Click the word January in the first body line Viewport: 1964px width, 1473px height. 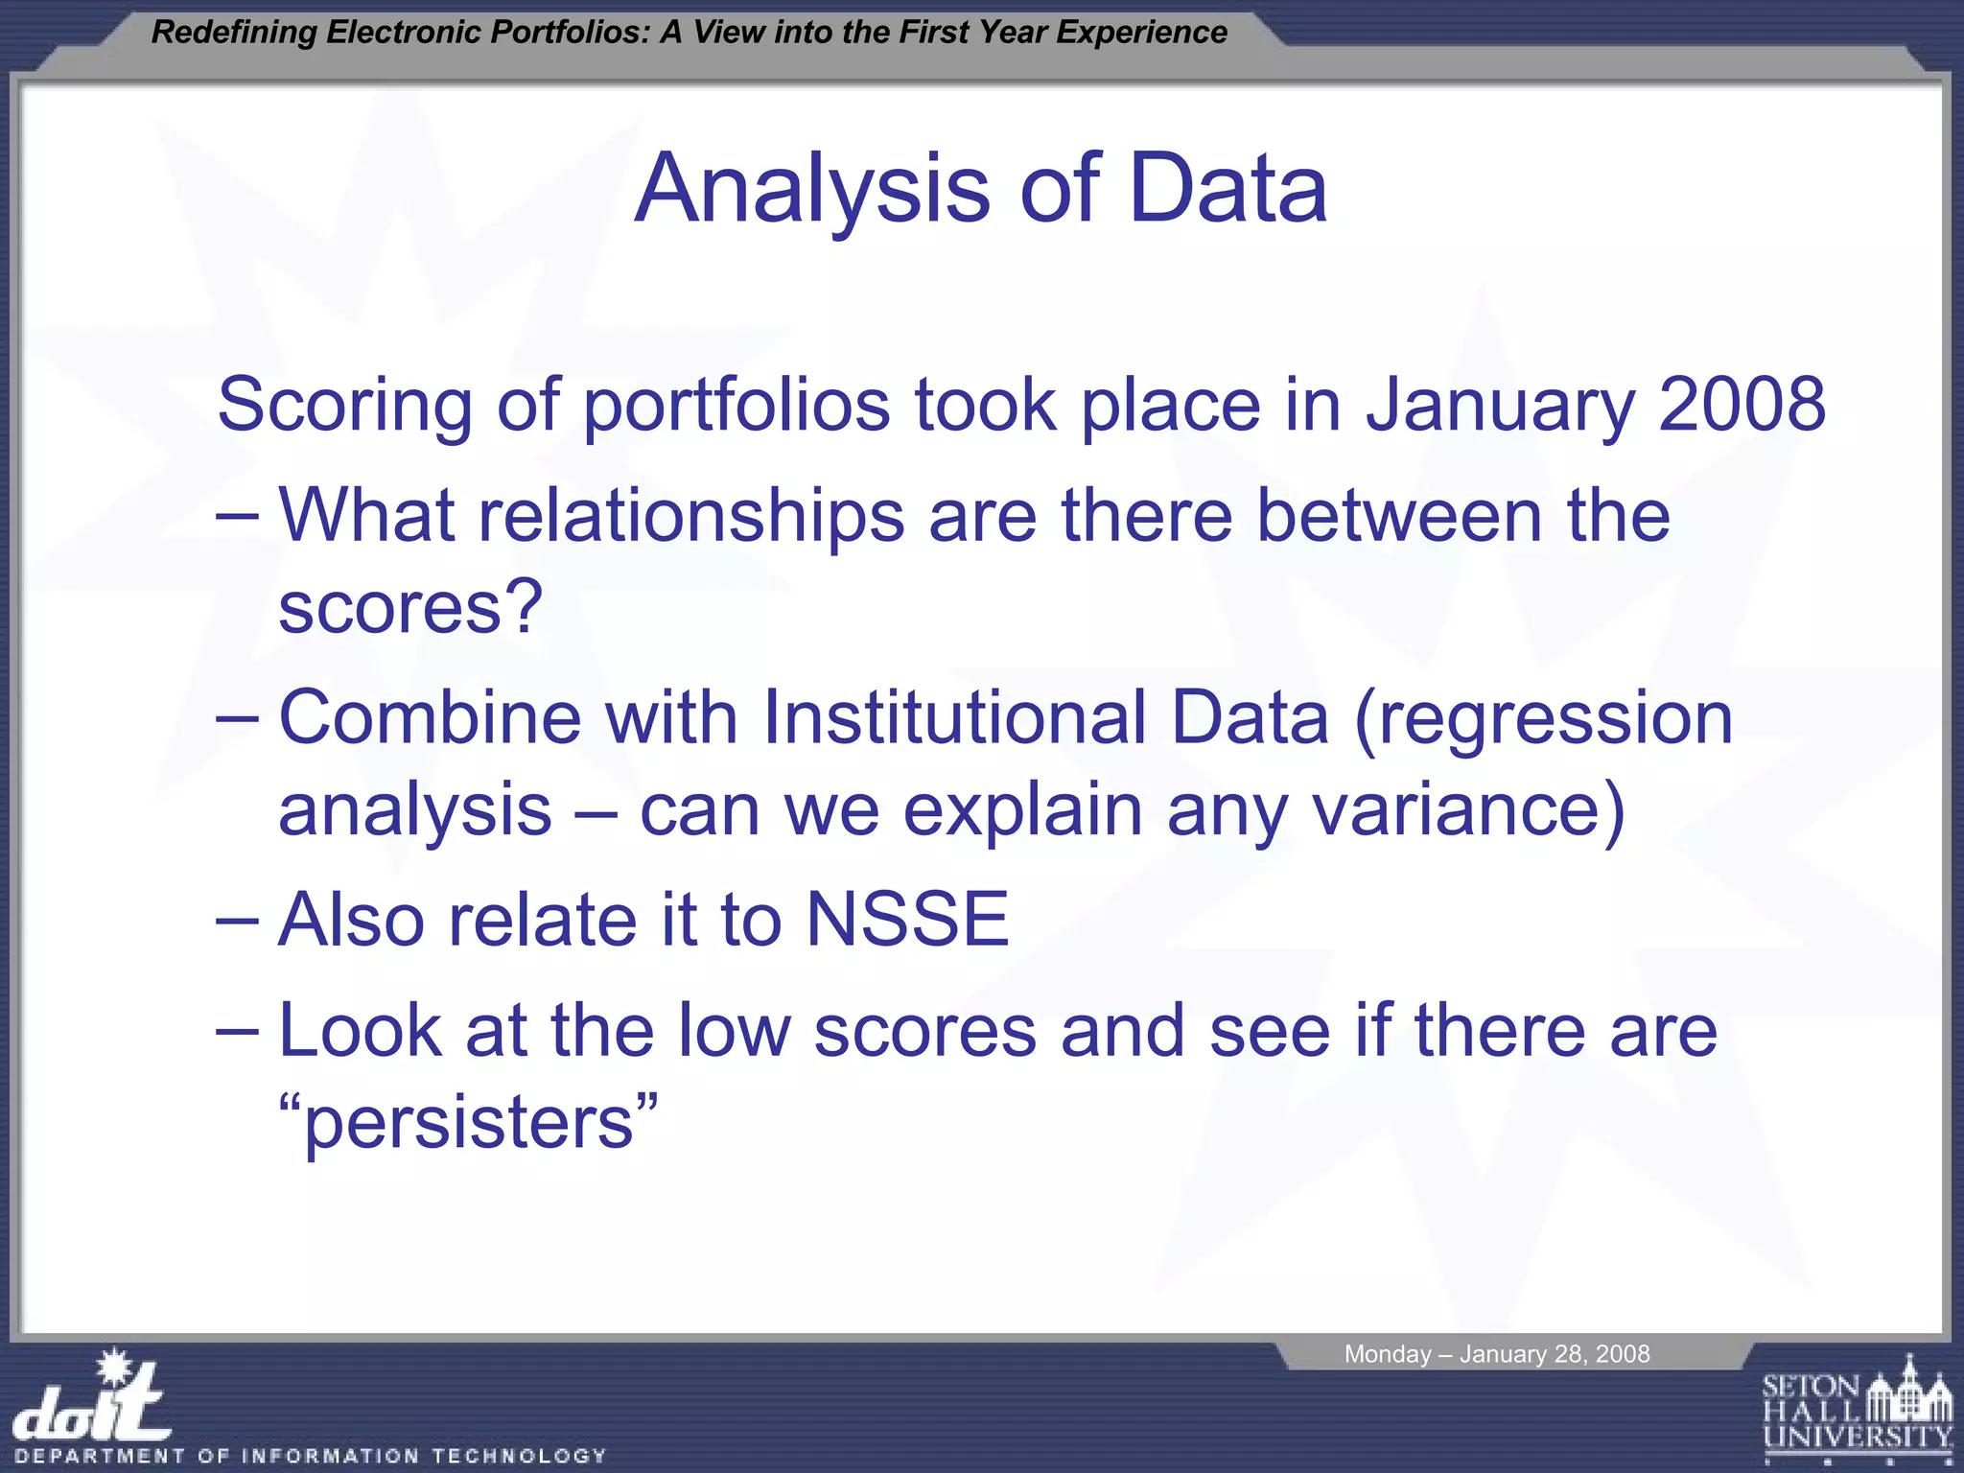1500,405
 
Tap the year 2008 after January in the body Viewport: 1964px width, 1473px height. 1742,405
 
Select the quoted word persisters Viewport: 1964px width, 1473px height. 468,1122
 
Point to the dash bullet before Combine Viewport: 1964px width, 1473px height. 237,719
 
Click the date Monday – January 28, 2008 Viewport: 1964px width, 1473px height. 1496,1354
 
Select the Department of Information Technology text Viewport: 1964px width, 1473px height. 311,1456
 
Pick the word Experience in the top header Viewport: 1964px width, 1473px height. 1141,33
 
